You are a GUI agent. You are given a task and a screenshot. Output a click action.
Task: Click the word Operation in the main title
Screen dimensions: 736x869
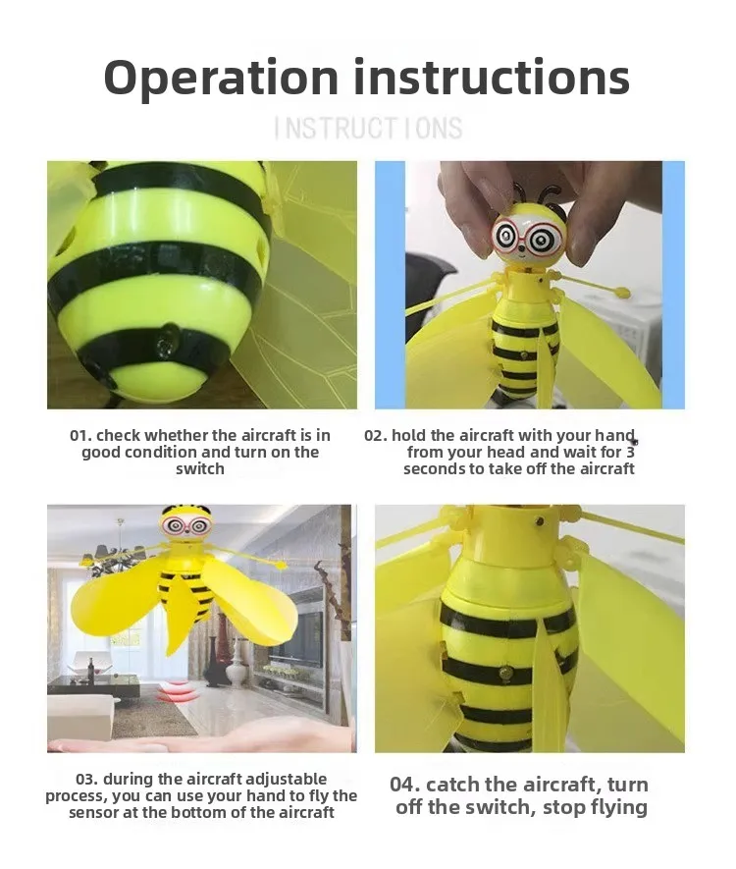pyautogui.click(x=221, y=79)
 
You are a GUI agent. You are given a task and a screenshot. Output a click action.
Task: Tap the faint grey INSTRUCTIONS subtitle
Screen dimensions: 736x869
pyautogui.click(x=368, y=128)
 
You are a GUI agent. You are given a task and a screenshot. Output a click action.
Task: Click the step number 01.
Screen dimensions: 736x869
pyautogui.click(x=80, y=436)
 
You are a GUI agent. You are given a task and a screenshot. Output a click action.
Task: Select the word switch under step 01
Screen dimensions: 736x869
pyautogui.click(x=200, y=468)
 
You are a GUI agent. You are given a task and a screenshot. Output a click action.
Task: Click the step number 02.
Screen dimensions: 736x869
pyautogui.click(x=376, y=436)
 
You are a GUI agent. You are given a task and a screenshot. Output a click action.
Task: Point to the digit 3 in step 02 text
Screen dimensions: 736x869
pyautogui.click(x=630, y=453)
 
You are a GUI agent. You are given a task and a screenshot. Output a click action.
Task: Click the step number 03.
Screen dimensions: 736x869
pyautogui.click(x=87, y=780)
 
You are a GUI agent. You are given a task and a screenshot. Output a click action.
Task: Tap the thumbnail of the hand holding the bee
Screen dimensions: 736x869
pyautogui.click(x=530, y=285)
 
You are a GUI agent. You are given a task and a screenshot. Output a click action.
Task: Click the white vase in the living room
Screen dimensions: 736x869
pyautogui.click(x=236, y=661)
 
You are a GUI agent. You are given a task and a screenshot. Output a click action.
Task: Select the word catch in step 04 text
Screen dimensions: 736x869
pyautogui.click(x=453, y=785)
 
